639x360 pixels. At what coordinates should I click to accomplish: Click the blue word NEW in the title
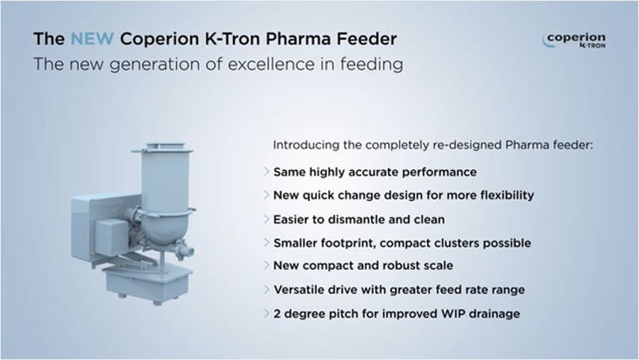pyautogui.click(x=92, y=39)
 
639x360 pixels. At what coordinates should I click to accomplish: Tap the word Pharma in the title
pyautogui.click(x=299, y=39)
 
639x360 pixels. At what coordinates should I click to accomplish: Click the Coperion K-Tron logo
pyautogui.click(x=574, y=40)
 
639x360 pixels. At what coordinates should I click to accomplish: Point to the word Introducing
pyautogui.click(x=306, y=145)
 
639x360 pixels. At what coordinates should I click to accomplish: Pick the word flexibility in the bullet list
pyautogui.click(x=507, y=195)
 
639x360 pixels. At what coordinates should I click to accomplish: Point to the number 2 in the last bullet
pyautogui.click(x=277, y=314)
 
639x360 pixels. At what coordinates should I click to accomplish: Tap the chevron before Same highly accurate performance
pyautogui.click(x=266, y=172)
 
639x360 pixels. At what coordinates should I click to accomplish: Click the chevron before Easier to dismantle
pyautogui.click(x=266, y=220)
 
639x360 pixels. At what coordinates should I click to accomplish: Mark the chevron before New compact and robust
pyautogui.click(x=266, y=265)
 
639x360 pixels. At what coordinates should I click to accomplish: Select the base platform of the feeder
pyautogui.click(x=148, y=282)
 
